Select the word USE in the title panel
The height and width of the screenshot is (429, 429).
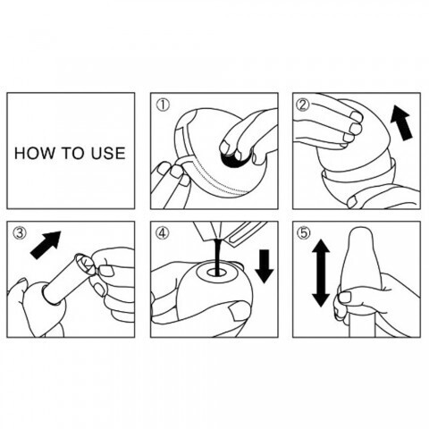[108, 153]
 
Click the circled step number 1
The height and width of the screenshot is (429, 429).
[164, 105]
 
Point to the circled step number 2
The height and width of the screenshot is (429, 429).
[303, 105]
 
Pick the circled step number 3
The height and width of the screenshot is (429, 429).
[20, 233]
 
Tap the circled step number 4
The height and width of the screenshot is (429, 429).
[163, 233]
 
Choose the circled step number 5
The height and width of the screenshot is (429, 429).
[304, 233]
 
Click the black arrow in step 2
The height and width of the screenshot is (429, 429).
[401, 122]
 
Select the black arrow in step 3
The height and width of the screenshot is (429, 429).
[46, 245]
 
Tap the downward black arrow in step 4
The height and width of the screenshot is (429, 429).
[264, 266]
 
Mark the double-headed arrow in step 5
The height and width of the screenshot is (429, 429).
[321, 273]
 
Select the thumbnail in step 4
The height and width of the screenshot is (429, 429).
[240, 310]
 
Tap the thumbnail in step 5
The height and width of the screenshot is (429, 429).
[347, 298]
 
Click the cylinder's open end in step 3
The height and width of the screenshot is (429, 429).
[85, 264]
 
